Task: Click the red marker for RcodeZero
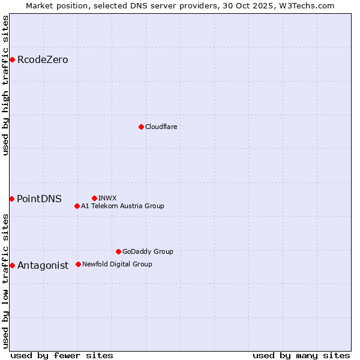(x=12, y=59)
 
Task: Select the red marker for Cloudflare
(x=141, y=127)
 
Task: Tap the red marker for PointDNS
(x=11, y=199)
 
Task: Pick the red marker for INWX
(x=94, y=198)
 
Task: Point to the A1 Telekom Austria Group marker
(x=77, y=206)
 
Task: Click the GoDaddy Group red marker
(x=118, y=251)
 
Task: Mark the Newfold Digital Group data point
(x=78, y=264)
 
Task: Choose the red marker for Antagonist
(x=12, y=265)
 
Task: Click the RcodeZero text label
(x=43, y=59)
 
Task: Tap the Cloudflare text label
(x=161, y=127)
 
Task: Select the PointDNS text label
(x=39, y=199)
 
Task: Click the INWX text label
(x=107, y=198)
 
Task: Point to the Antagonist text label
(x=43, y=265)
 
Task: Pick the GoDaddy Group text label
(x=148, y=251)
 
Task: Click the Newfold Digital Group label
(x=117, y=264)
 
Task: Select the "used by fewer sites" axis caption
(x=62, y=355)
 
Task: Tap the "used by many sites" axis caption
(x=301, y=355)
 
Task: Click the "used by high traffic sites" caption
(x=5, y=85)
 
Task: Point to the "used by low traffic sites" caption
(x=5, y=281)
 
